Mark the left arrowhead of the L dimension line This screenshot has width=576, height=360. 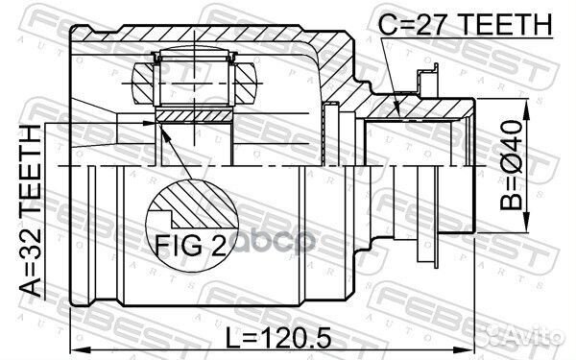[77, 348]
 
